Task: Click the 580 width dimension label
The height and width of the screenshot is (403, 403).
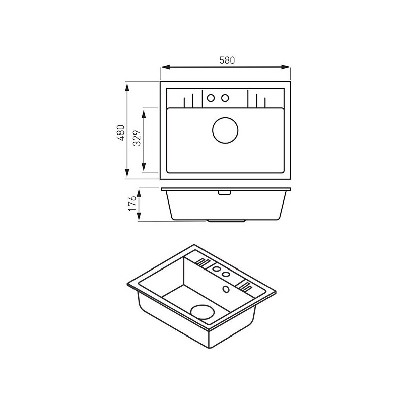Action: tap(227, 60)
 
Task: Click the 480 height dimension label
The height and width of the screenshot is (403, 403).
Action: tap(121, 132)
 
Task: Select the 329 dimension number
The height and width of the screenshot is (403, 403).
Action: tap(137, 138)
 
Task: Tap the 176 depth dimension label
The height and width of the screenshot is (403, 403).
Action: tap(132, 203)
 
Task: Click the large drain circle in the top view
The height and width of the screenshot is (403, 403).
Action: tap(225, 130)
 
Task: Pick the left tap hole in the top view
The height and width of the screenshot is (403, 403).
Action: tap(211, 98)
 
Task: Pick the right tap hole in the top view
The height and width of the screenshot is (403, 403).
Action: tap(225, 98)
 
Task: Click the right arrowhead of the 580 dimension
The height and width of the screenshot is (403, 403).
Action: tap(285, 67)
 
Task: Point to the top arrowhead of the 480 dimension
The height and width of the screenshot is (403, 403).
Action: tap(127, 87)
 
